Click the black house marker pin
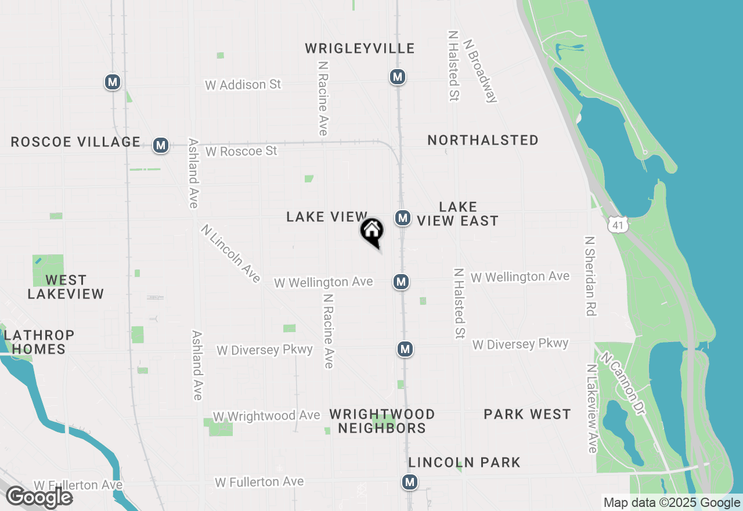(372, 231)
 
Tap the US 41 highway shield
(618, 224)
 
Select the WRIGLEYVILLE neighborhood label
(360, 48)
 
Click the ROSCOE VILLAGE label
(75, 142)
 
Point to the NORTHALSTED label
(483, 140)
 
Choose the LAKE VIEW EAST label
(458, 214)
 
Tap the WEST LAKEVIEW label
(66, 287)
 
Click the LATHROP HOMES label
(39, 342)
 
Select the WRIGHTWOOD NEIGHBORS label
(382, 421)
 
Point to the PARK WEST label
(528, 414)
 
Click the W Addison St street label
(243, 85)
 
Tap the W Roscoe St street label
(241, 151)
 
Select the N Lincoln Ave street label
(230, 254)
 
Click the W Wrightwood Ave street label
(266, 416)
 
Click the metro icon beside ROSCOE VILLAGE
(161, 145)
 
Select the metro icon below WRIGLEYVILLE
(397, 77)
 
